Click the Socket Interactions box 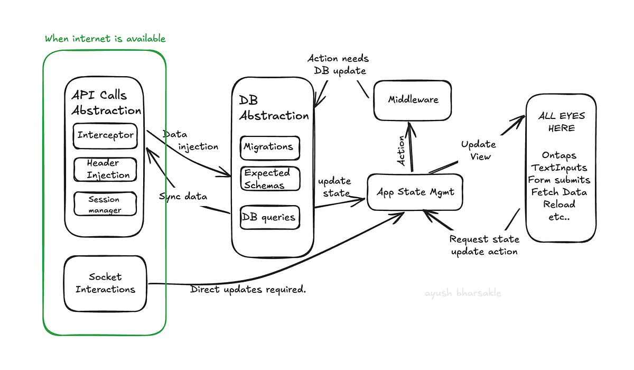[106, 283]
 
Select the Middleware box [413, 100]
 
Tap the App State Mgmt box [415, 192]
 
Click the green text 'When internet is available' [105, 39]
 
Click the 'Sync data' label [183, 196]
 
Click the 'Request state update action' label [484, 246]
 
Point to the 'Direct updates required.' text [248, 289]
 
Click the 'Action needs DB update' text [338, 64]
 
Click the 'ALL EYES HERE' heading [561, 122]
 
